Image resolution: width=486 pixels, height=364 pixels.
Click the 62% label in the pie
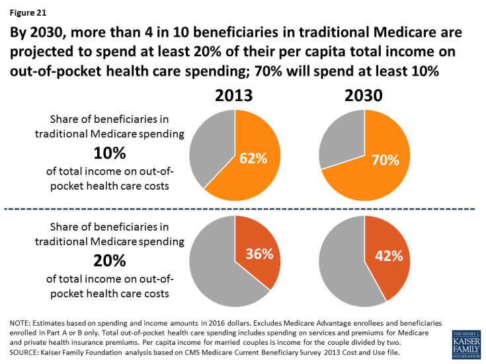click(253, 159)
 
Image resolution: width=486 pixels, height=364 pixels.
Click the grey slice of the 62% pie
click(208, 149)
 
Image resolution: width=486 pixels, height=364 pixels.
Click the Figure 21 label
click(27, 11)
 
